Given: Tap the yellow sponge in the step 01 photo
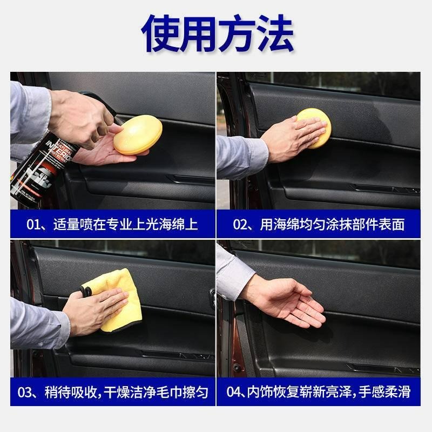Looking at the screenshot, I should point(137,135).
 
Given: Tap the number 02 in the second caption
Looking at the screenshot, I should point(240,224).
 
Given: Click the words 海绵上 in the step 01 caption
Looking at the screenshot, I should point(180,224).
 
